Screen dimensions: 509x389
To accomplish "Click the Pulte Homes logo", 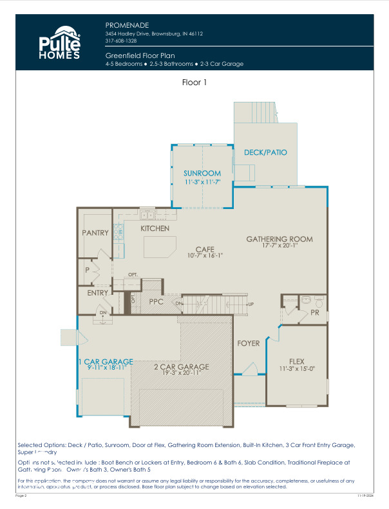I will [60, 43].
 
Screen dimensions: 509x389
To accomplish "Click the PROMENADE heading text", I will [125, 24].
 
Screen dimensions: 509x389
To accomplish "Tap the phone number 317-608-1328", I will [121, 41].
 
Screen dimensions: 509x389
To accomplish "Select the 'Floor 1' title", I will [194, 83].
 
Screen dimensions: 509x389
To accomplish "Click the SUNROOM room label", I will [202, 174].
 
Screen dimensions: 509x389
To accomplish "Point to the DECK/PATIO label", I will [265, 153].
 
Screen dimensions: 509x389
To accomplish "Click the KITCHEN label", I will [155, 228].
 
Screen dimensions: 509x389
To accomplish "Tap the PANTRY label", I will [95, 233].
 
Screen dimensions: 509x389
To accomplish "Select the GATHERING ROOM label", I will [280, 239].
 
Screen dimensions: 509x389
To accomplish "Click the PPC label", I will [155, 301].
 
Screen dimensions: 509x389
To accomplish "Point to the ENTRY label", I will [98, 293].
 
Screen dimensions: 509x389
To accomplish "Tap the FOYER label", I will [249, 343].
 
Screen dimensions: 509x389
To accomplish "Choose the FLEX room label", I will [296, 361].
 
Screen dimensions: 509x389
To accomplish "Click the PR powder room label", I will [315, 312].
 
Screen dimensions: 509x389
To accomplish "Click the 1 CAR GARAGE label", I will [106, 361].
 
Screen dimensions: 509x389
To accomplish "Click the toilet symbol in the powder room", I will [307, 300].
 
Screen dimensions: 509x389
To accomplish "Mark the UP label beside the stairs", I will [251, 304].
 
